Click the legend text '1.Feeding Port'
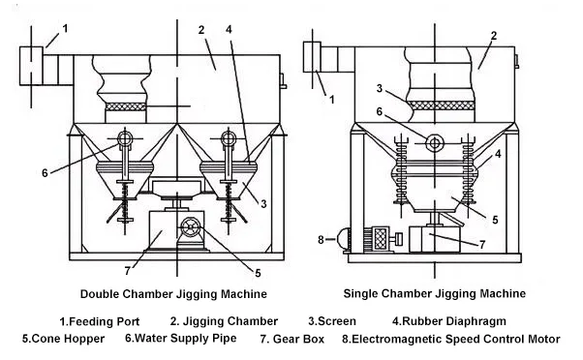pos(100,321)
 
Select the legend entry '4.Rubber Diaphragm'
pos(449,321)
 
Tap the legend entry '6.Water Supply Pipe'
pos(181,339)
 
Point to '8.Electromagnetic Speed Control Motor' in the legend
pos(451,339)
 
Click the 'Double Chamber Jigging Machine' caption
pos(173,294)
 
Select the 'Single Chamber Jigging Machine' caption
pos(435,293)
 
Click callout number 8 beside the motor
pos(321,240)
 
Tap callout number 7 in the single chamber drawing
pos(482,245)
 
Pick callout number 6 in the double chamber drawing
pos(45,173)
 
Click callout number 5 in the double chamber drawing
pos(258,274)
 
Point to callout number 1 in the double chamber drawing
pos(66,28)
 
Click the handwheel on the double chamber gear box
pos(191,226)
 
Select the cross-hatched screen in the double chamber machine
pos(126,106)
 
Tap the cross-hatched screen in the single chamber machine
pos(442,105)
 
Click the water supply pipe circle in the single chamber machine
pos(434,142)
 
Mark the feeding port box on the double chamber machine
pos(31,66)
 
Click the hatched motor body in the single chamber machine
pos(381,237)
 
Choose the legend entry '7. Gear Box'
pos(291,339)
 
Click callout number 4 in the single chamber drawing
pos(498,154)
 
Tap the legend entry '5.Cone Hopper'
pos(63,339)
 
